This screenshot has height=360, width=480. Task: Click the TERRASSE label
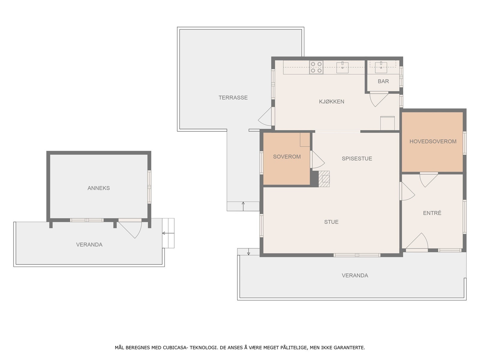tap(233, 97)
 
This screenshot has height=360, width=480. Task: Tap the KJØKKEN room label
tap(331, 101)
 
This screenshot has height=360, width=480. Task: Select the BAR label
tap(383, 81)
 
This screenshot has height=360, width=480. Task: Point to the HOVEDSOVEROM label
tap(433, 141)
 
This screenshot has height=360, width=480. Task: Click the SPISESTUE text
tap(357, 158)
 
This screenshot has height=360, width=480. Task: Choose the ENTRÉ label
tap(432, 213)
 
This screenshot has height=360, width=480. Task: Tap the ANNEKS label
tap(98, 188)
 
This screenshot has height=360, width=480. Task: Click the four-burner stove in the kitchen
tap(316, 67)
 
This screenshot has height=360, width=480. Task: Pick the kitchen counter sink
tap(342, 67)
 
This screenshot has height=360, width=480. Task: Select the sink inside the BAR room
tap(381, 67)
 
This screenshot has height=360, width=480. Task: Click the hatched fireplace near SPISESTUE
tap(324, 178)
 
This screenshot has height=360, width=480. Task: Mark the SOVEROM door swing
tap(317, 160)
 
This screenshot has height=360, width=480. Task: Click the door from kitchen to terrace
tap(265, 116)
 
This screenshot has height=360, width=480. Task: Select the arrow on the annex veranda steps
tap(168, 233)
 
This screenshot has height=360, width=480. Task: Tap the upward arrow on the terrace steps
tap(243, 206)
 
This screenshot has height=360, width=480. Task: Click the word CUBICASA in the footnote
tap(175, 347)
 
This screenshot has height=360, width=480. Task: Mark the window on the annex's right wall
tap(149, 187)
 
